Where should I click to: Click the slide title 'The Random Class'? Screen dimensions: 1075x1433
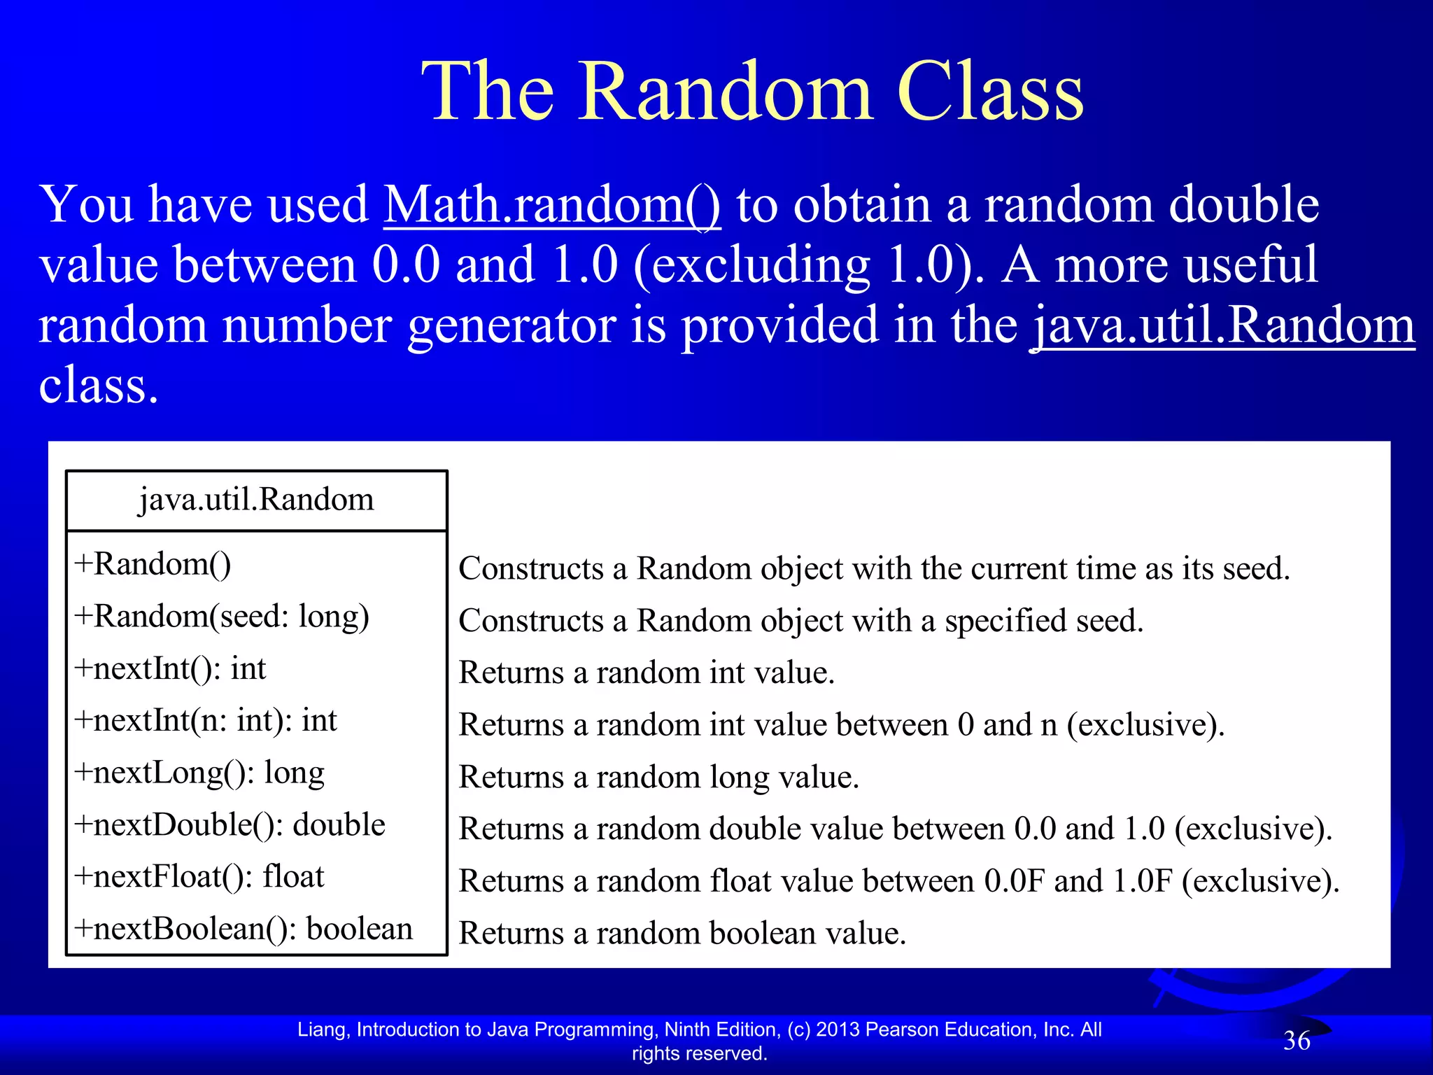(752, 92)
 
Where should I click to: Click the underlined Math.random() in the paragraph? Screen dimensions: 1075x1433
(551, 206)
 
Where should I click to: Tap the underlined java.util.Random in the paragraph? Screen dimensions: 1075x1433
(1223, 326)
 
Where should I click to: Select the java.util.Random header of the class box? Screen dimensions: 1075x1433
(256, 500)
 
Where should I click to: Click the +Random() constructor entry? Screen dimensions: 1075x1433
(153, 564)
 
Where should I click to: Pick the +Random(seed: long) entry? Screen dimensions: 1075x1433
(222, 617)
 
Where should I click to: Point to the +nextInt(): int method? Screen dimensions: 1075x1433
(170, 668)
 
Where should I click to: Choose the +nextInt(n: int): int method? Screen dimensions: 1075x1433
(206, 721)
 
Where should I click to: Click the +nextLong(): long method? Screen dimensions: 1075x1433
(199, 773)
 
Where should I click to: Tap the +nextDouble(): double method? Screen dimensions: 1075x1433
(230, 825)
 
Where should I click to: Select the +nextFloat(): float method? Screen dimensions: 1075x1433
(199, 877)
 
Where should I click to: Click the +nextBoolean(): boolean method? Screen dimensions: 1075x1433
(243, 929)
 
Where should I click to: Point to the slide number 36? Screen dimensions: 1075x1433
(1296, 1041)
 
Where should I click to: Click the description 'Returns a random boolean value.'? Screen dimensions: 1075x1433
(682, 934)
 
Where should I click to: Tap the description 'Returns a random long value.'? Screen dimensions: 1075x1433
(658, 778)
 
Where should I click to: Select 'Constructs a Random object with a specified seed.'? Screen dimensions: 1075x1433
(800, 621)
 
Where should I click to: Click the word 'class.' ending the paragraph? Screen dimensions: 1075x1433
(99, 386)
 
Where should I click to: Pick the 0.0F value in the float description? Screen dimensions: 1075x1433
(1015, 881)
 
